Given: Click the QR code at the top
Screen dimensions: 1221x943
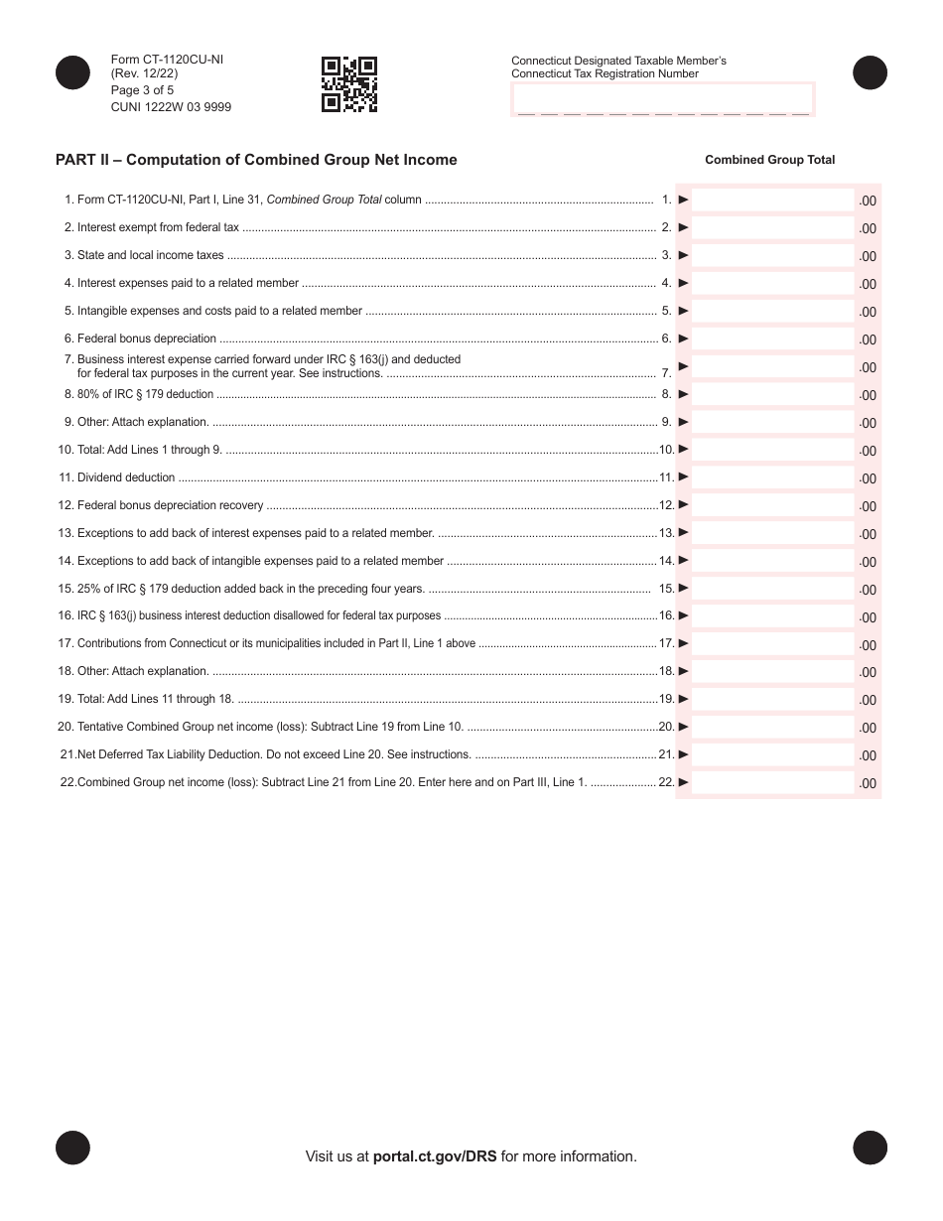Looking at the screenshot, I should (349, 84).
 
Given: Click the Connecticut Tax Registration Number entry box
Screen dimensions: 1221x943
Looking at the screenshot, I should (662, 100).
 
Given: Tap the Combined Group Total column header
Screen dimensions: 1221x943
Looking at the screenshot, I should (769, 160).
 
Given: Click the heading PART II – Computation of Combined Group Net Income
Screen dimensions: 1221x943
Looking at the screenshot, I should (256, 160).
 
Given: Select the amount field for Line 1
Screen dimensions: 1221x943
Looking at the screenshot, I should (772, 200).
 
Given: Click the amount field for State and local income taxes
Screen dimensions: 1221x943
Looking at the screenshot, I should (772, 255).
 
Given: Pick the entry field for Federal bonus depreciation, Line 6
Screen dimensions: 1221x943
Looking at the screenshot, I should (772, 339).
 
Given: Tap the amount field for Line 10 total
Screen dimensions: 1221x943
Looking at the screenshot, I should (772, 450).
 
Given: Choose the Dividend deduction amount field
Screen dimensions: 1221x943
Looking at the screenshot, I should (772, 477).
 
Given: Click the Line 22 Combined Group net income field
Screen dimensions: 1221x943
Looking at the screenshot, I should (772, 782).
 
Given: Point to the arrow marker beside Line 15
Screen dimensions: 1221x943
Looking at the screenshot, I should (683, 588).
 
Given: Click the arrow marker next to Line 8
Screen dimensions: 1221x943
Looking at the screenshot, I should (683, 394).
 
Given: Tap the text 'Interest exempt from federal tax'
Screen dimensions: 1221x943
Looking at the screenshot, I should (158, 227).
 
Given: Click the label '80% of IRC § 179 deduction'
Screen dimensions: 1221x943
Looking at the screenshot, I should (145, 394).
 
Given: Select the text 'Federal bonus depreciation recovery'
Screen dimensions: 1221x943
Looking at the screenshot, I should (170, 505).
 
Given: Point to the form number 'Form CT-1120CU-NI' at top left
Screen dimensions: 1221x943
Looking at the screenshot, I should (167, 60).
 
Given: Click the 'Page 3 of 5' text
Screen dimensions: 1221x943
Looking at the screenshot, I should (142, 90).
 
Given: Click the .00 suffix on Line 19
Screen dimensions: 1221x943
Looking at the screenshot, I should (868, 700).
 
